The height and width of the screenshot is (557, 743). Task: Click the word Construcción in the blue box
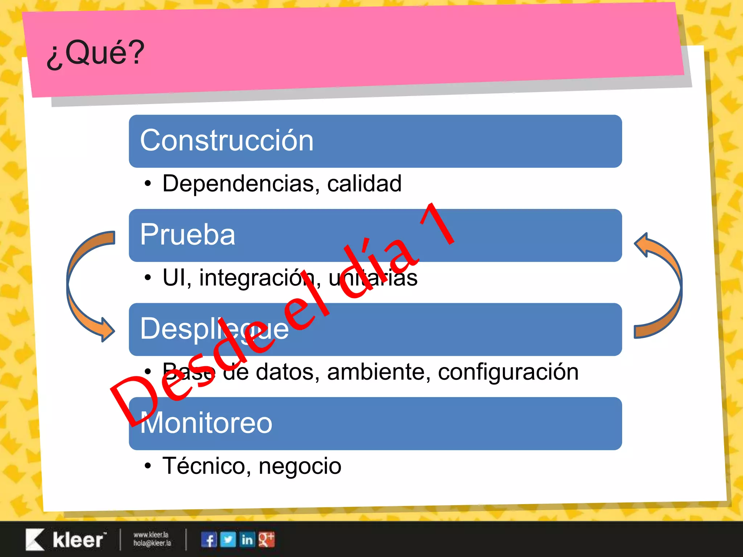227,141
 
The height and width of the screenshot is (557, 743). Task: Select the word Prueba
188,235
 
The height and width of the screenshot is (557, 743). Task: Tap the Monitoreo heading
206,423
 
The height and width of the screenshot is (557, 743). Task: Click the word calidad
364,183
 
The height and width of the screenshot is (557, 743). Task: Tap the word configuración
508,372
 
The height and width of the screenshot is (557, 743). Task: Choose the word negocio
300,466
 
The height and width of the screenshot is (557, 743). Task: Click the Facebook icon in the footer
209,540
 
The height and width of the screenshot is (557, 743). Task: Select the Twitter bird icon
228,540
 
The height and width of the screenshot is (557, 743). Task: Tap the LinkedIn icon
247,540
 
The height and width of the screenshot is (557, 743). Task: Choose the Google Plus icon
267,540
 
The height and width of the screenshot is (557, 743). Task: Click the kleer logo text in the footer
78,540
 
